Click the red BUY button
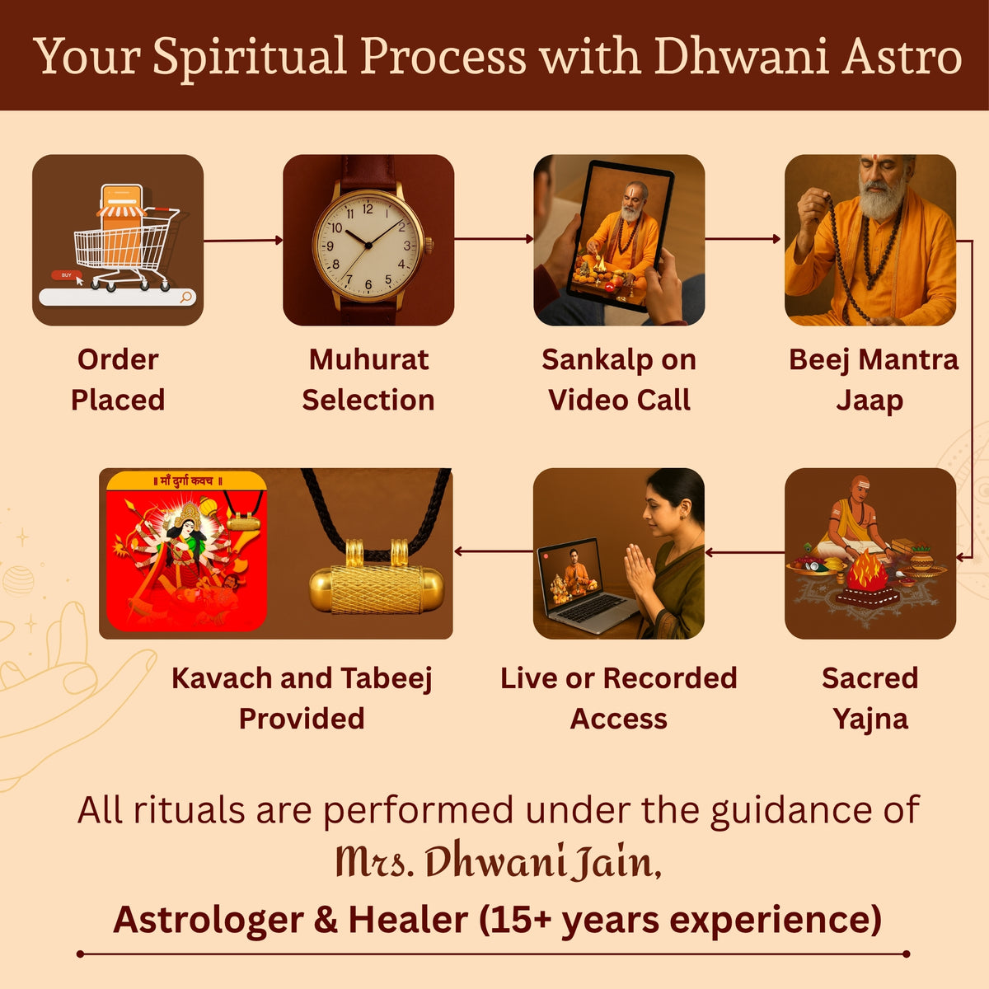click(66, 275)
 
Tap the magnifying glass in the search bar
click(186, 296)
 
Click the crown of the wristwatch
click(429, 246)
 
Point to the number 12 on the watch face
click(368, 209)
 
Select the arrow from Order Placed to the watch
click(243, 240)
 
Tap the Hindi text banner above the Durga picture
click(186, 480)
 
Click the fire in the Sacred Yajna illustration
click(867, 569)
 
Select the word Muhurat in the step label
click(368, 359)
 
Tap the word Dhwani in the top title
click(742, 55)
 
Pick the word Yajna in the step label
click(870, 719)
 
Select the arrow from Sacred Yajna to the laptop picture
click(745, 551)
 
